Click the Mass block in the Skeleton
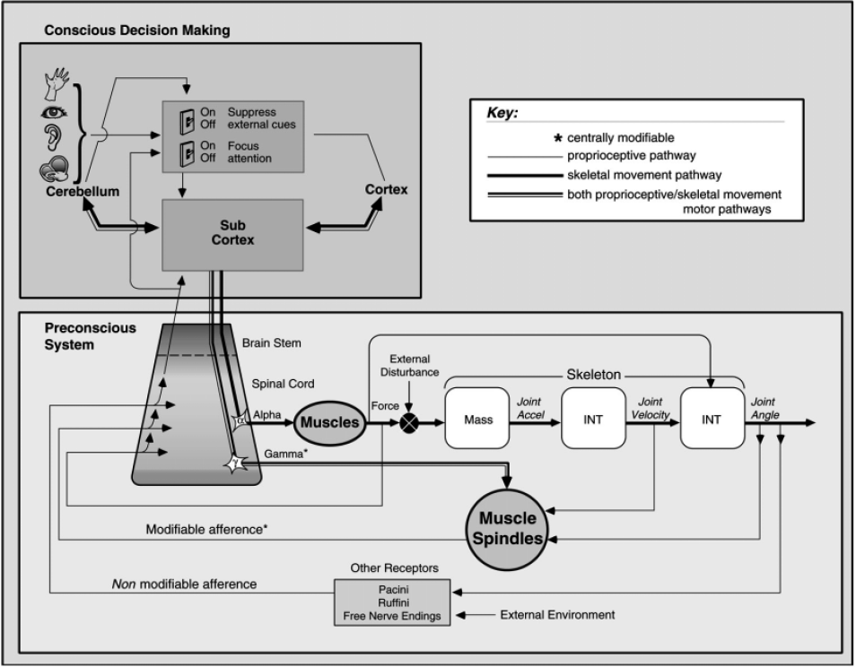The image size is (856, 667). [x=476, y=419]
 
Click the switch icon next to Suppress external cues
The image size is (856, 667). [x=185, y=118]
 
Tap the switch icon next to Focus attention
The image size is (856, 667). [x=185, y=152]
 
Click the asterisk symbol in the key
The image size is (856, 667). [x=559, y=139]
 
